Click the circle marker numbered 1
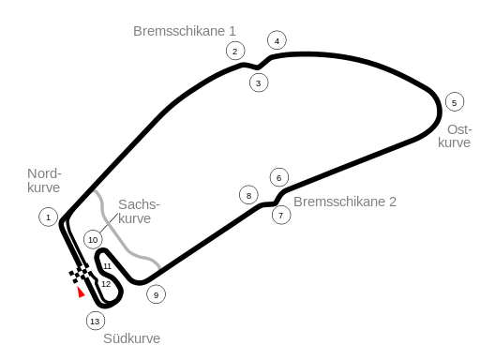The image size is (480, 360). click(49, 217)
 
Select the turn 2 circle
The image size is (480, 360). click(235, 51)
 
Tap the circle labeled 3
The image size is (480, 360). click(259, 82)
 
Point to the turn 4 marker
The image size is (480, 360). click(277, 40)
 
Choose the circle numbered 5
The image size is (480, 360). click(455, 102)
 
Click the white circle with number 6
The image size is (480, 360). click(279, 177)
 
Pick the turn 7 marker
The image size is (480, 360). click(281, 215)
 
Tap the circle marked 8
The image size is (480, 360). click(248, 195)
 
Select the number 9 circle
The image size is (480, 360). click(157, 294)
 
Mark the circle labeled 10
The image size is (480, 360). click(93, 239)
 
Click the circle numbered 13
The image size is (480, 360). click(96, 321)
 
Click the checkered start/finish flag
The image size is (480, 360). click(81, 274)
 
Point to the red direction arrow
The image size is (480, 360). click(81, 292)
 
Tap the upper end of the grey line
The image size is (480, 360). click(94, 192)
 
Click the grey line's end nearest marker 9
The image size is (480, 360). click(159, 267)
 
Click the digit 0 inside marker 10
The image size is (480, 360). click(95, 240)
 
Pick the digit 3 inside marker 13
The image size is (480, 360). click(97, 322)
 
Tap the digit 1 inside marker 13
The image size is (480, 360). click(93, 322)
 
